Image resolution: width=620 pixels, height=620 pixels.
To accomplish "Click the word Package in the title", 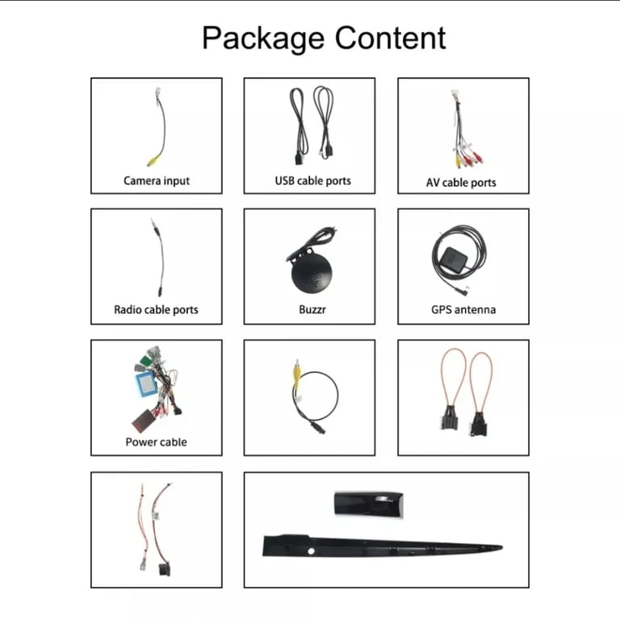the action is click(x=263, y=39).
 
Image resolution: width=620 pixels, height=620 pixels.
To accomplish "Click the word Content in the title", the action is click(x=390, y=38).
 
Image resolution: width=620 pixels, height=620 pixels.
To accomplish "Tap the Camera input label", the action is click(x=157, y=181).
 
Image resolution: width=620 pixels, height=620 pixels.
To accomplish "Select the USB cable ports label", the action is click(x=312, y=181).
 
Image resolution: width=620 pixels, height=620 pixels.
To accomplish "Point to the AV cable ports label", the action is click(x=461, y=182).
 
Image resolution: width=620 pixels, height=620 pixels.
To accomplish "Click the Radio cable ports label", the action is click(x=156, y=309).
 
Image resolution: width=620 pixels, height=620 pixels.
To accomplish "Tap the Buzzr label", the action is click(x=312, y=309).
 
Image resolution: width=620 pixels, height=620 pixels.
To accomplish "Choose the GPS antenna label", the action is click(x=463, y=309).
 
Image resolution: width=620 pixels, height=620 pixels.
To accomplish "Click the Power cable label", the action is click(x=156, y=442).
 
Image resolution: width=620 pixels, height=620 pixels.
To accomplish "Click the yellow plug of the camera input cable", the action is click(x=153, y=160).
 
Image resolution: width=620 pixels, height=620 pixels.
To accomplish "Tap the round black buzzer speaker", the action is click(x=312, y=273).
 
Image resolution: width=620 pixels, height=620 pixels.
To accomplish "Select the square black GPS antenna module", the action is click(x=453, y=259).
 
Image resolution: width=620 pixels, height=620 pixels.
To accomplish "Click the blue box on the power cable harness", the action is click(x=146, y=383).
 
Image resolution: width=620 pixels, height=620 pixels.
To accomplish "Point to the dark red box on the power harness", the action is click(x=142, y=421).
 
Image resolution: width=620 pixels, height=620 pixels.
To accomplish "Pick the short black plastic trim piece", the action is click(x=368, y=504).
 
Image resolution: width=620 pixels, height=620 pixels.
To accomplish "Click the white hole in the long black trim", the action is click(x=311, y=551).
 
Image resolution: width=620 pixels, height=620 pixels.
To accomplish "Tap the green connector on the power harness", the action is click(x=145, y=360).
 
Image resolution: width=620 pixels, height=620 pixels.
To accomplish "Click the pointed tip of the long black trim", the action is click(x=501, y=547).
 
